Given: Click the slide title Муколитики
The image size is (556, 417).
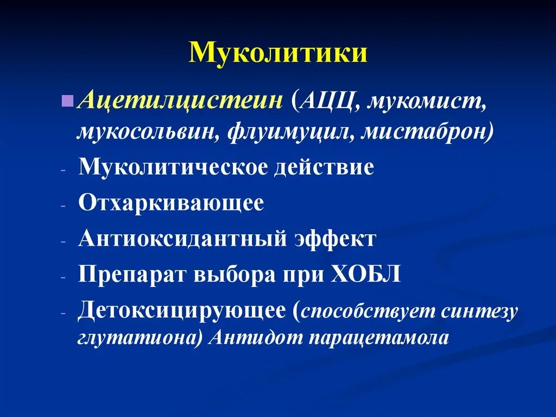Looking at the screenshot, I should pos(278,54).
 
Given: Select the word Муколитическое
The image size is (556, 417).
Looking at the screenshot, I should pos(173,167).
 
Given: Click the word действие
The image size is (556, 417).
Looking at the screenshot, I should pos(324,167).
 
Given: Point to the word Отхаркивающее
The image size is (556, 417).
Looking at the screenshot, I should pos(171,203).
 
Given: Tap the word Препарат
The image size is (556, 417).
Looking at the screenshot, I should pos(132,275).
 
